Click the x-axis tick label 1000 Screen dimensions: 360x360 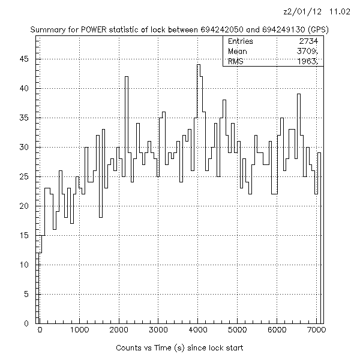(79, 330)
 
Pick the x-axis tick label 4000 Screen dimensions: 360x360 (198, 330)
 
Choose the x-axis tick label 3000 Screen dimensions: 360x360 (158, 330)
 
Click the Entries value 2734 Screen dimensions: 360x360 (310, 41)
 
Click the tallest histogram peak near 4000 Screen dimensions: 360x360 (198, 65)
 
